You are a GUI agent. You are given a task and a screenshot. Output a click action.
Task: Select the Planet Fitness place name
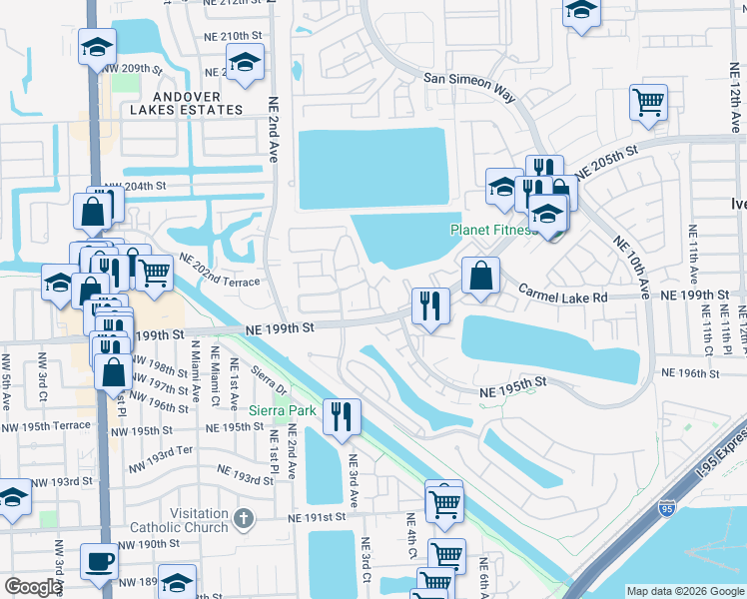click(493, 230)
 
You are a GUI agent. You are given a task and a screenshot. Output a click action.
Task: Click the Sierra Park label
click(283, 410)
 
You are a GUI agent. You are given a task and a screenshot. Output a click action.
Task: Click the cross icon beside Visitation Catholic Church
click(243, 518)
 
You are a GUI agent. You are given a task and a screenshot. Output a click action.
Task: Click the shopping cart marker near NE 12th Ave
click(649, 102)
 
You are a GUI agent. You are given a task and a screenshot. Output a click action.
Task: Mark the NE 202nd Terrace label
click(219, 271)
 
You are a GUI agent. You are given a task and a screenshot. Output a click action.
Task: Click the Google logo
click(33, 587)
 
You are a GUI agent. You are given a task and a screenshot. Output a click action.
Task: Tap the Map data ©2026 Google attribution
click(684, 591)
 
